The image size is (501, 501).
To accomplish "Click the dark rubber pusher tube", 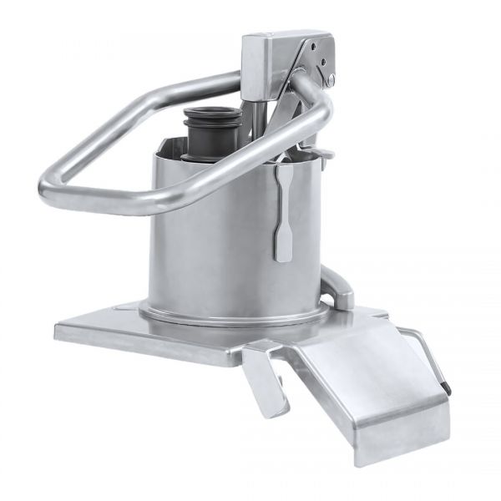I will click(213, 138).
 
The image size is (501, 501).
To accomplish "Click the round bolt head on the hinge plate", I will click(331, 81).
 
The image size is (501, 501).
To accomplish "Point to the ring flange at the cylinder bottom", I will click(234, 316).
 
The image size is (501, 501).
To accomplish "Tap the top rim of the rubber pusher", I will click(214, 114).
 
